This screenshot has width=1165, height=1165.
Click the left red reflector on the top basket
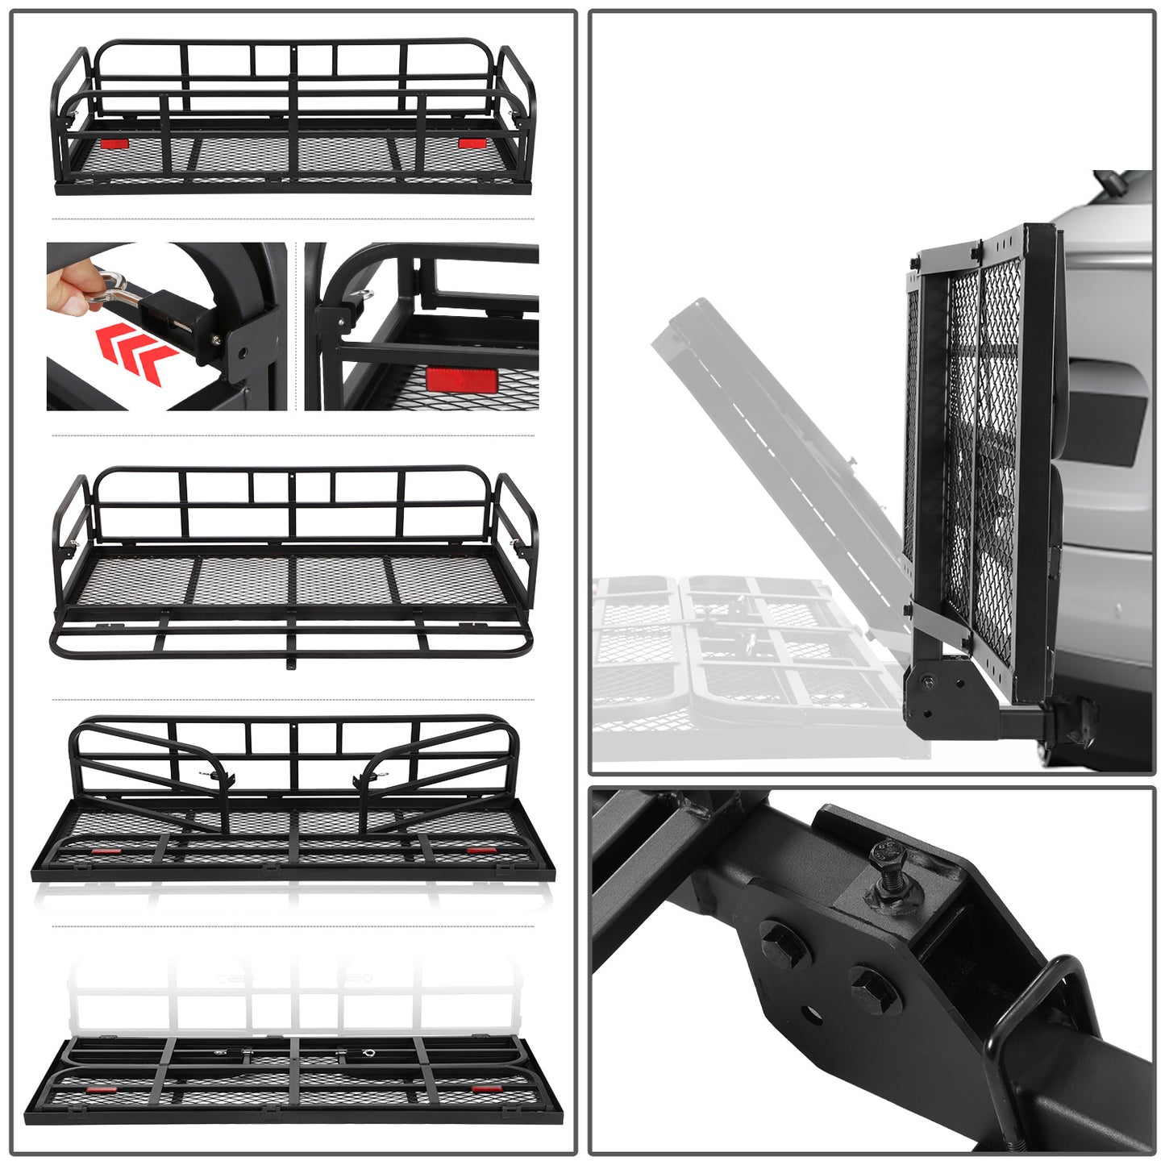click(x=114, y=144)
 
